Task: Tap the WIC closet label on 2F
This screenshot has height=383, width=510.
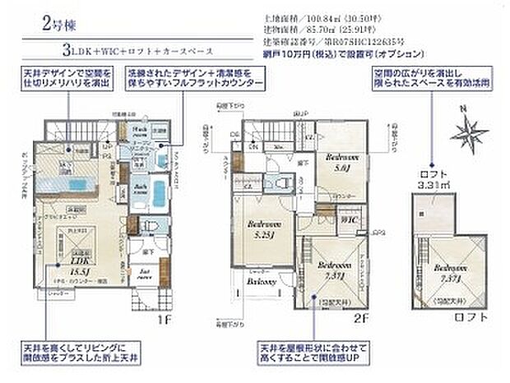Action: click(x=349, y=221)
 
